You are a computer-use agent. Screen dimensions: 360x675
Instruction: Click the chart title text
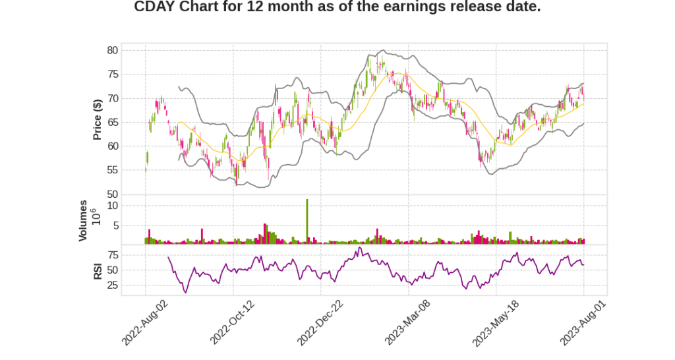tap(337, 7)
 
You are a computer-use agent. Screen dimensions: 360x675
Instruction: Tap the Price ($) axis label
tap(97, 119)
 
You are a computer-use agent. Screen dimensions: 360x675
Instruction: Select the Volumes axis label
tap(83, 220)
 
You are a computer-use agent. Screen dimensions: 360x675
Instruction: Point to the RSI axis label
tap(97, 270)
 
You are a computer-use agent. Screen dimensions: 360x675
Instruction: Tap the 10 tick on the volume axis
tap(113, 206)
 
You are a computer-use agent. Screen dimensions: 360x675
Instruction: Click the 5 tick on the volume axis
tap(115, 225)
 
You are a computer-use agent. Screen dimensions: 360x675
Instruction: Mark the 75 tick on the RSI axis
tap(112, 255)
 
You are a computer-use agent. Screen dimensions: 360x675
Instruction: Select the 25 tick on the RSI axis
tap(112, 285)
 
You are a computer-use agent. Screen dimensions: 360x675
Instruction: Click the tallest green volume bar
tap(307, 222)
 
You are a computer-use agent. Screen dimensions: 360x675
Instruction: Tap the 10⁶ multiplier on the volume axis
tap(94, 216)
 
